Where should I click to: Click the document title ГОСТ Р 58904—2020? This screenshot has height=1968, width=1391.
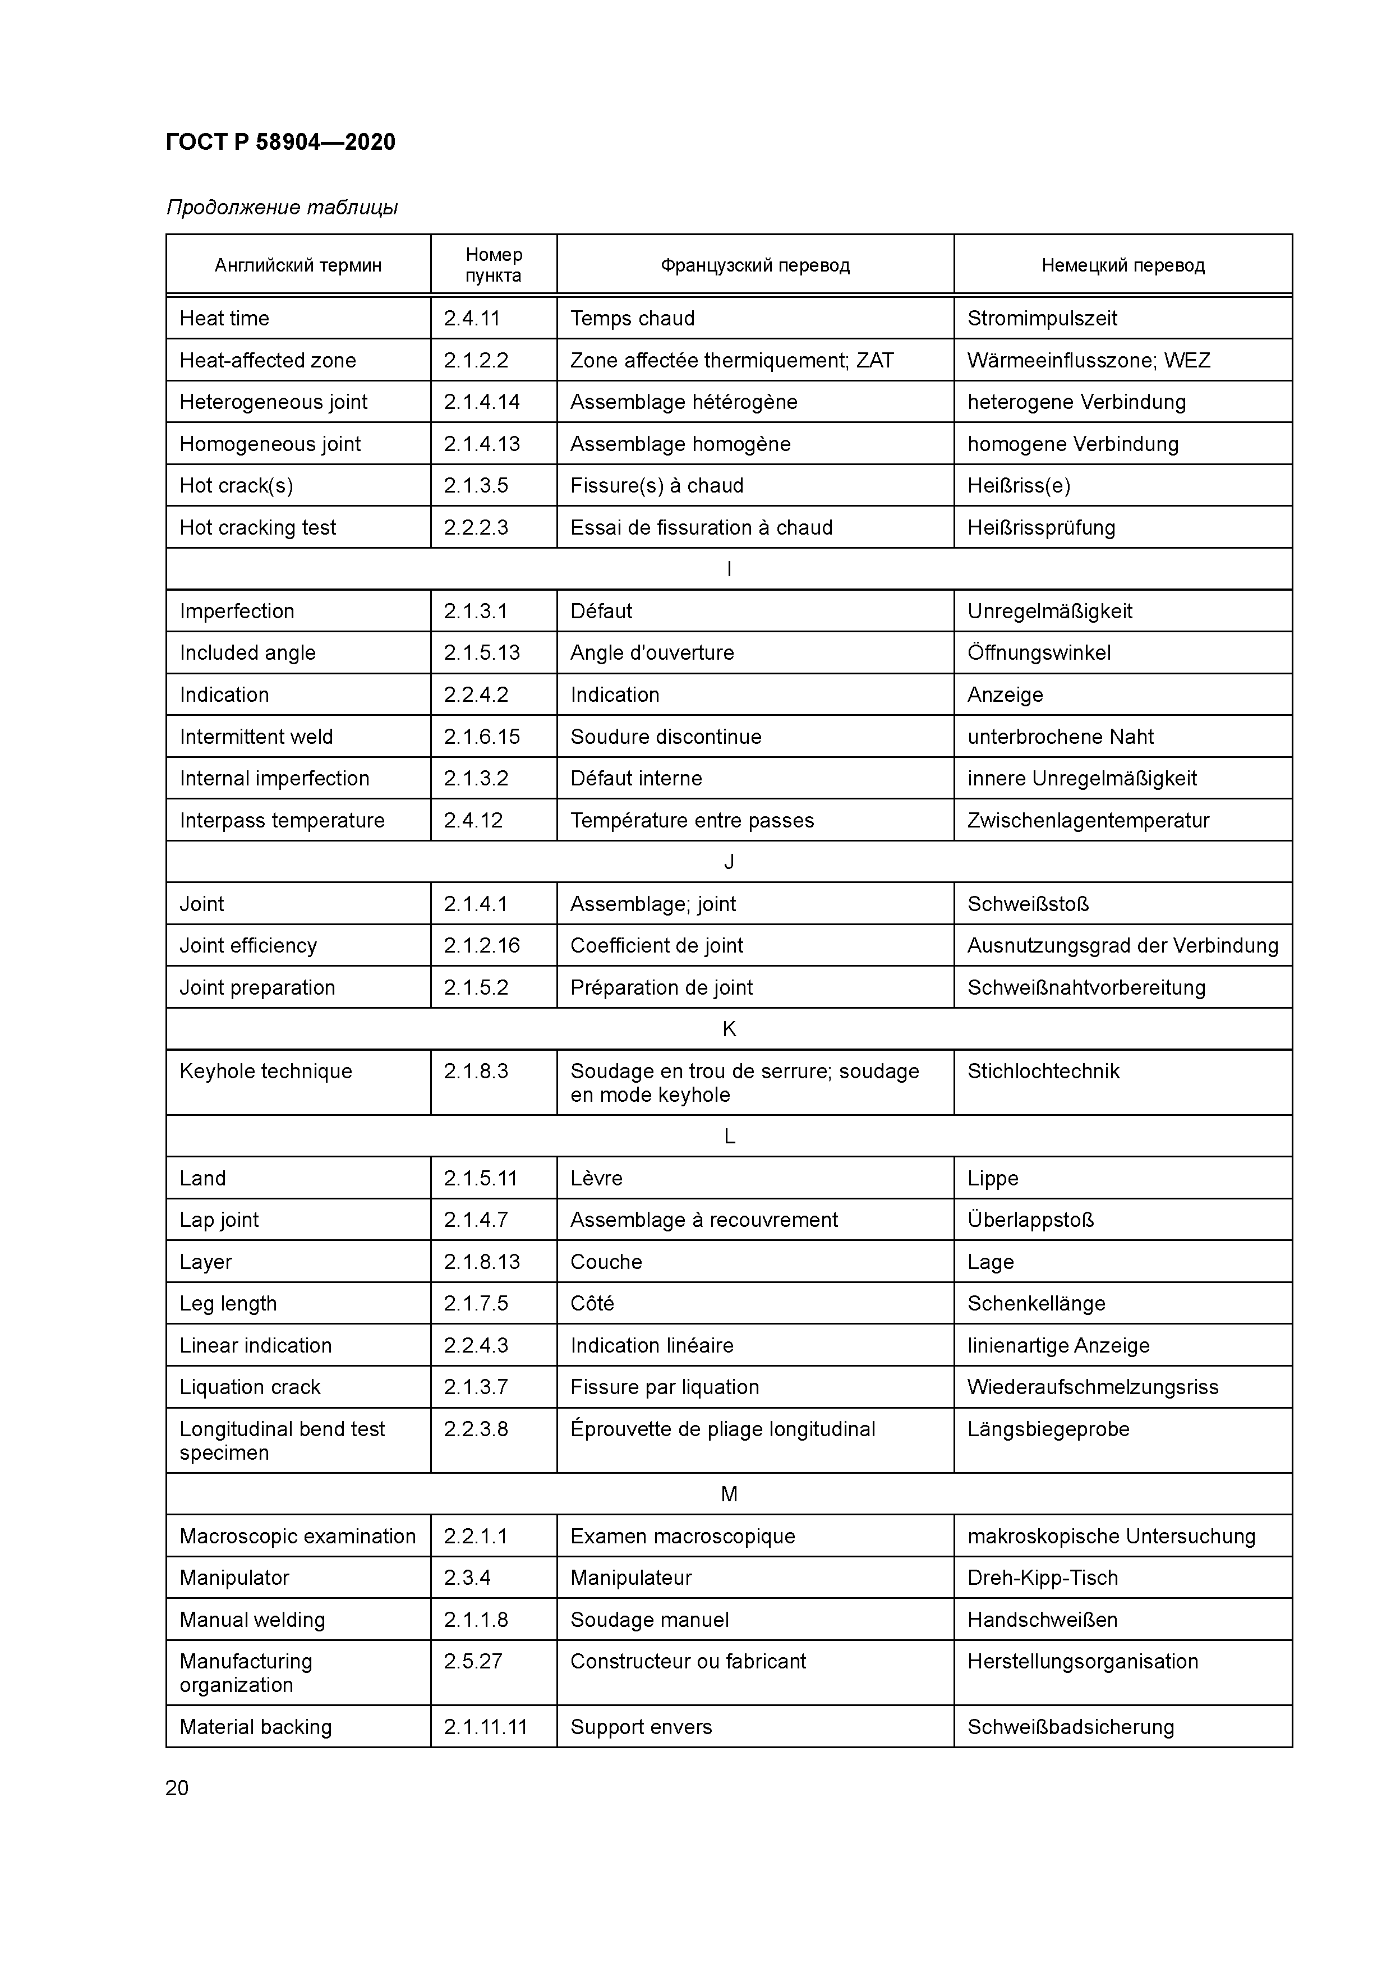point(280,142)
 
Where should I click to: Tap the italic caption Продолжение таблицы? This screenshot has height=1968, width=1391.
point(282,208)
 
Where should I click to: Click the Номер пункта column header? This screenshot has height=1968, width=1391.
point(493,265)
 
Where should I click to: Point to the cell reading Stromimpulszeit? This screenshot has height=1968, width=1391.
point(1042,319)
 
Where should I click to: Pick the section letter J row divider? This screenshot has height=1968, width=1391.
point(729,862)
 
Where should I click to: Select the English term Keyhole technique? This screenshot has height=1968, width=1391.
point(266,1072)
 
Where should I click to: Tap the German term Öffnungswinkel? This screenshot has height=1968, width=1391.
point(1039,653)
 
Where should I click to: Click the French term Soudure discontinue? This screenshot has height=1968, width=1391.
point(665,737)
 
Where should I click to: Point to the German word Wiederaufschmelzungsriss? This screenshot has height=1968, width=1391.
point(1092,1388)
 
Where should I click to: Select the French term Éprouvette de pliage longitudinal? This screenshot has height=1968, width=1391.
point(722,1429)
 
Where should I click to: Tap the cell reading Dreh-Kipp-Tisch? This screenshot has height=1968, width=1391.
point(1042,1578)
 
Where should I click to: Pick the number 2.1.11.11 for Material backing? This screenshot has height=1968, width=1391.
point(485,1727)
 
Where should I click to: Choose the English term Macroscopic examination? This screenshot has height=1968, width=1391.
point(297,1537)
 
